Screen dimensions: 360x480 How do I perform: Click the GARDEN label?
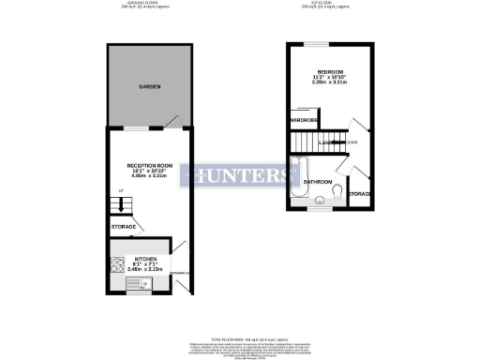click(x=150, y=86)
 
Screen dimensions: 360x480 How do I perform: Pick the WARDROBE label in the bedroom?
click(x=305, y=121)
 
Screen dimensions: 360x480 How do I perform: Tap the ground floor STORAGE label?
click(x=124, y=227)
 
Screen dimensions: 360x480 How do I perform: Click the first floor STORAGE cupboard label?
click(x=360, y=193)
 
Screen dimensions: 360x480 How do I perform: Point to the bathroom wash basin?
click(x=318, y=198)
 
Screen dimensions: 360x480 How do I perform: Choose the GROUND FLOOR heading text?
click(x=150, y=4)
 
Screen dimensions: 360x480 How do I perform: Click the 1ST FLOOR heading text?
click(x=329, y=4)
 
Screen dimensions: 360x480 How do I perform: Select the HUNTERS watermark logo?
click(x=240, y=175)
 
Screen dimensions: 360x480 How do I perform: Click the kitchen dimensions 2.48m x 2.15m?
click(x=144, y=270)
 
